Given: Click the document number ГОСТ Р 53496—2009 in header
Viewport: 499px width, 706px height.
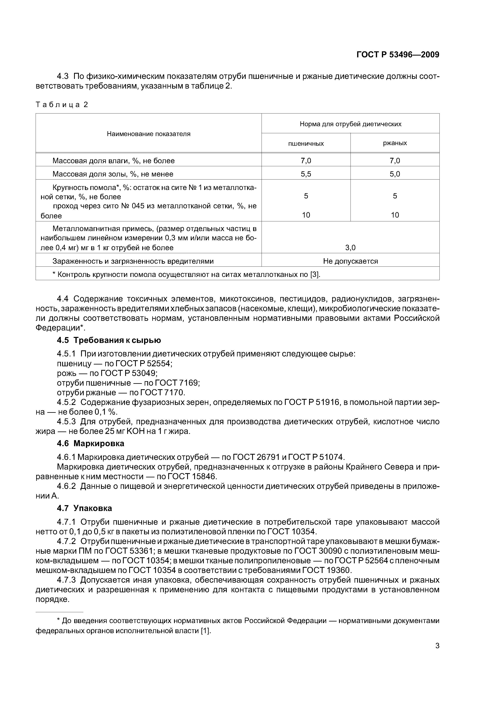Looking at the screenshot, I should [x=398, y=55].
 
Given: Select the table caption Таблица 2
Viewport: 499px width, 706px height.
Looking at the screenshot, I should [x=62, y=105].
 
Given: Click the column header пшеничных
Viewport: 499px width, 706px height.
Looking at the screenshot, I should [x=306, y=144].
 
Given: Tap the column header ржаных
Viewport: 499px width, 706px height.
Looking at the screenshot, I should [x=395, y=143].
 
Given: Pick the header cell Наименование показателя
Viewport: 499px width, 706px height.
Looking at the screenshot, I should [x=148, y=134].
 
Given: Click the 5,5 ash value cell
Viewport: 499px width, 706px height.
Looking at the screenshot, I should [x=306, y=174].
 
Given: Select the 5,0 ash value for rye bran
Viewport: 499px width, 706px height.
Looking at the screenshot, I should [x=395, y=174].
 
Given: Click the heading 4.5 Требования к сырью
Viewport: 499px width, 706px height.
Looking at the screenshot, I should [x=109, y=340].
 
